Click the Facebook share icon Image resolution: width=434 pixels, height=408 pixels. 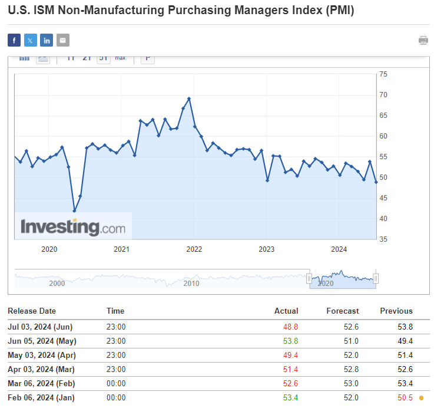tap(14, 40)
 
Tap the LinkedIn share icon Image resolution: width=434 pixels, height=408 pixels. tap(47, 40)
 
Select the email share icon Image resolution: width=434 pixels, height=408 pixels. tap(63, 40)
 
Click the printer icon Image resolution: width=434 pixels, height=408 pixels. tap(423, 40)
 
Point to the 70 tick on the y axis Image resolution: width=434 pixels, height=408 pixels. tap(383, 95)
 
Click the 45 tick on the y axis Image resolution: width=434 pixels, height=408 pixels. tap(383, 198)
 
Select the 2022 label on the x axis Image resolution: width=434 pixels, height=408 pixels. tap(194, 249)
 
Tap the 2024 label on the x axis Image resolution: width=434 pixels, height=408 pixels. tap(339, 249)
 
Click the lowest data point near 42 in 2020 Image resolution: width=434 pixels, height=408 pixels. tap(74, 210)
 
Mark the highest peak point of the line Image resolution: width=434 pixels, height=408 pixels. tap(189, 98)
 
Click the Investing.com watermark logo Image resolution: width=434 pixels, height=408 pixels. tap(73, 227)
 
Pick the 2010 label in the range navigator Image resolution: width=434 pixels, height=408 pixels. tap(191, 284)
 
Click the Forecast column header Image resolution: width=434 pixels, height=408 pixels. tap(342, 311)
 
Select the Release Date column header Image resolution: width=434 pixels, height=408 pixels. tap(32, 311)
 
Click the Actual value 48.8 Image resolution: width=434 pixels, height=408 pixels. tap(291, 327)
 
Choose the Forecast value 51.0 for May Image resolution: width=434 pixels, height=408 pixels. tap(352, 341)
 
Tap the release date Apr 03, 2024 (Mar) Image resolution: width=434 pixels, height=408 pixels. tap(41, 369)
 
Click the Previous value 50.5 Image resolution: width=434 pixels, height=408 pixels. tap(405, 398)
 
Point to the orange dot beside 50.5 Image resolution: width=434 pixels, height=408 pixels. tap(420, 398)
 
